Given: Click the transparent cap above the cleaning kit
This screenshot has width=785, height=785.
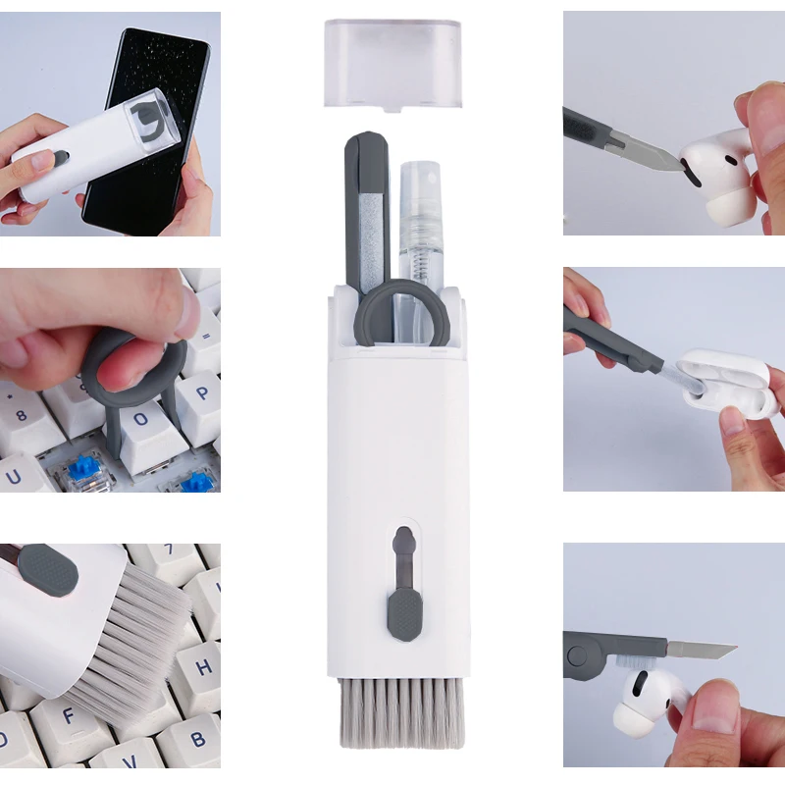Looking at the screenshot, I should [392, 61].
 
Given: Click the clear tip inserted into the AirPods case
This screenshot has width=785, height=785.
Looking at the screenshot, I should [677, 378].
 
